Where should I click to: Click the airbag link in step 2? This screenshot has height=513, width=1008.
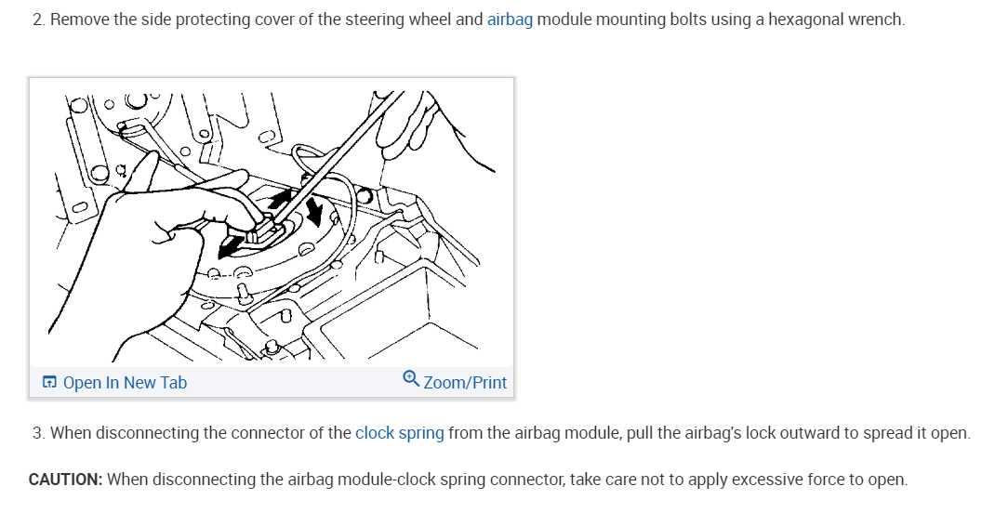pyautogui.click(x=510, y=19)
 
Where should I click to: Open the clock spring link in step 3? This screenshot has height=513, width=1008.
pyautogui.click(x=399, y=433)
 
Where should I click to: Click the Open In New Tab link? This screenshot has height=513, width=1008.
pyautogui.click(x=125, y=383)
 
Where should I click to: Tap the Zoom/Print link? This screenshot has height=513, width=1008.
pyautogui.click(x=465, y=383)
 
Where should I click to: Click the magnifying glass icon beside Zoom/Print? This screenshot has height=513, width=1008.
pyautogui.click(x=411, y=379)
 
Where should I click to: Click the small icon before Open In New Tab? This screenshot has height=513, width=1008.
pyautogui.click(x=49, y=383)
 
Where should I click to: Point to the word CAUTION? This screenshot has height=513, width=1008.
pyautogui.click(x=65, y=480)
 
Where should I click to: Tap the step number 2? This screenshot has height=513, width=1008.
pyautogui.click(x=37, y=19)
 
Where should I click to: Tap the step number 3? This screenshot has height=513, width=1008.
pyautogui.click(x=37, y=433)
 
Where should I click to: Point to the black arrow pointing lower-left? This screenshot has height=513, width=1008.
pyautogui.click(x=229, y=246)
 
